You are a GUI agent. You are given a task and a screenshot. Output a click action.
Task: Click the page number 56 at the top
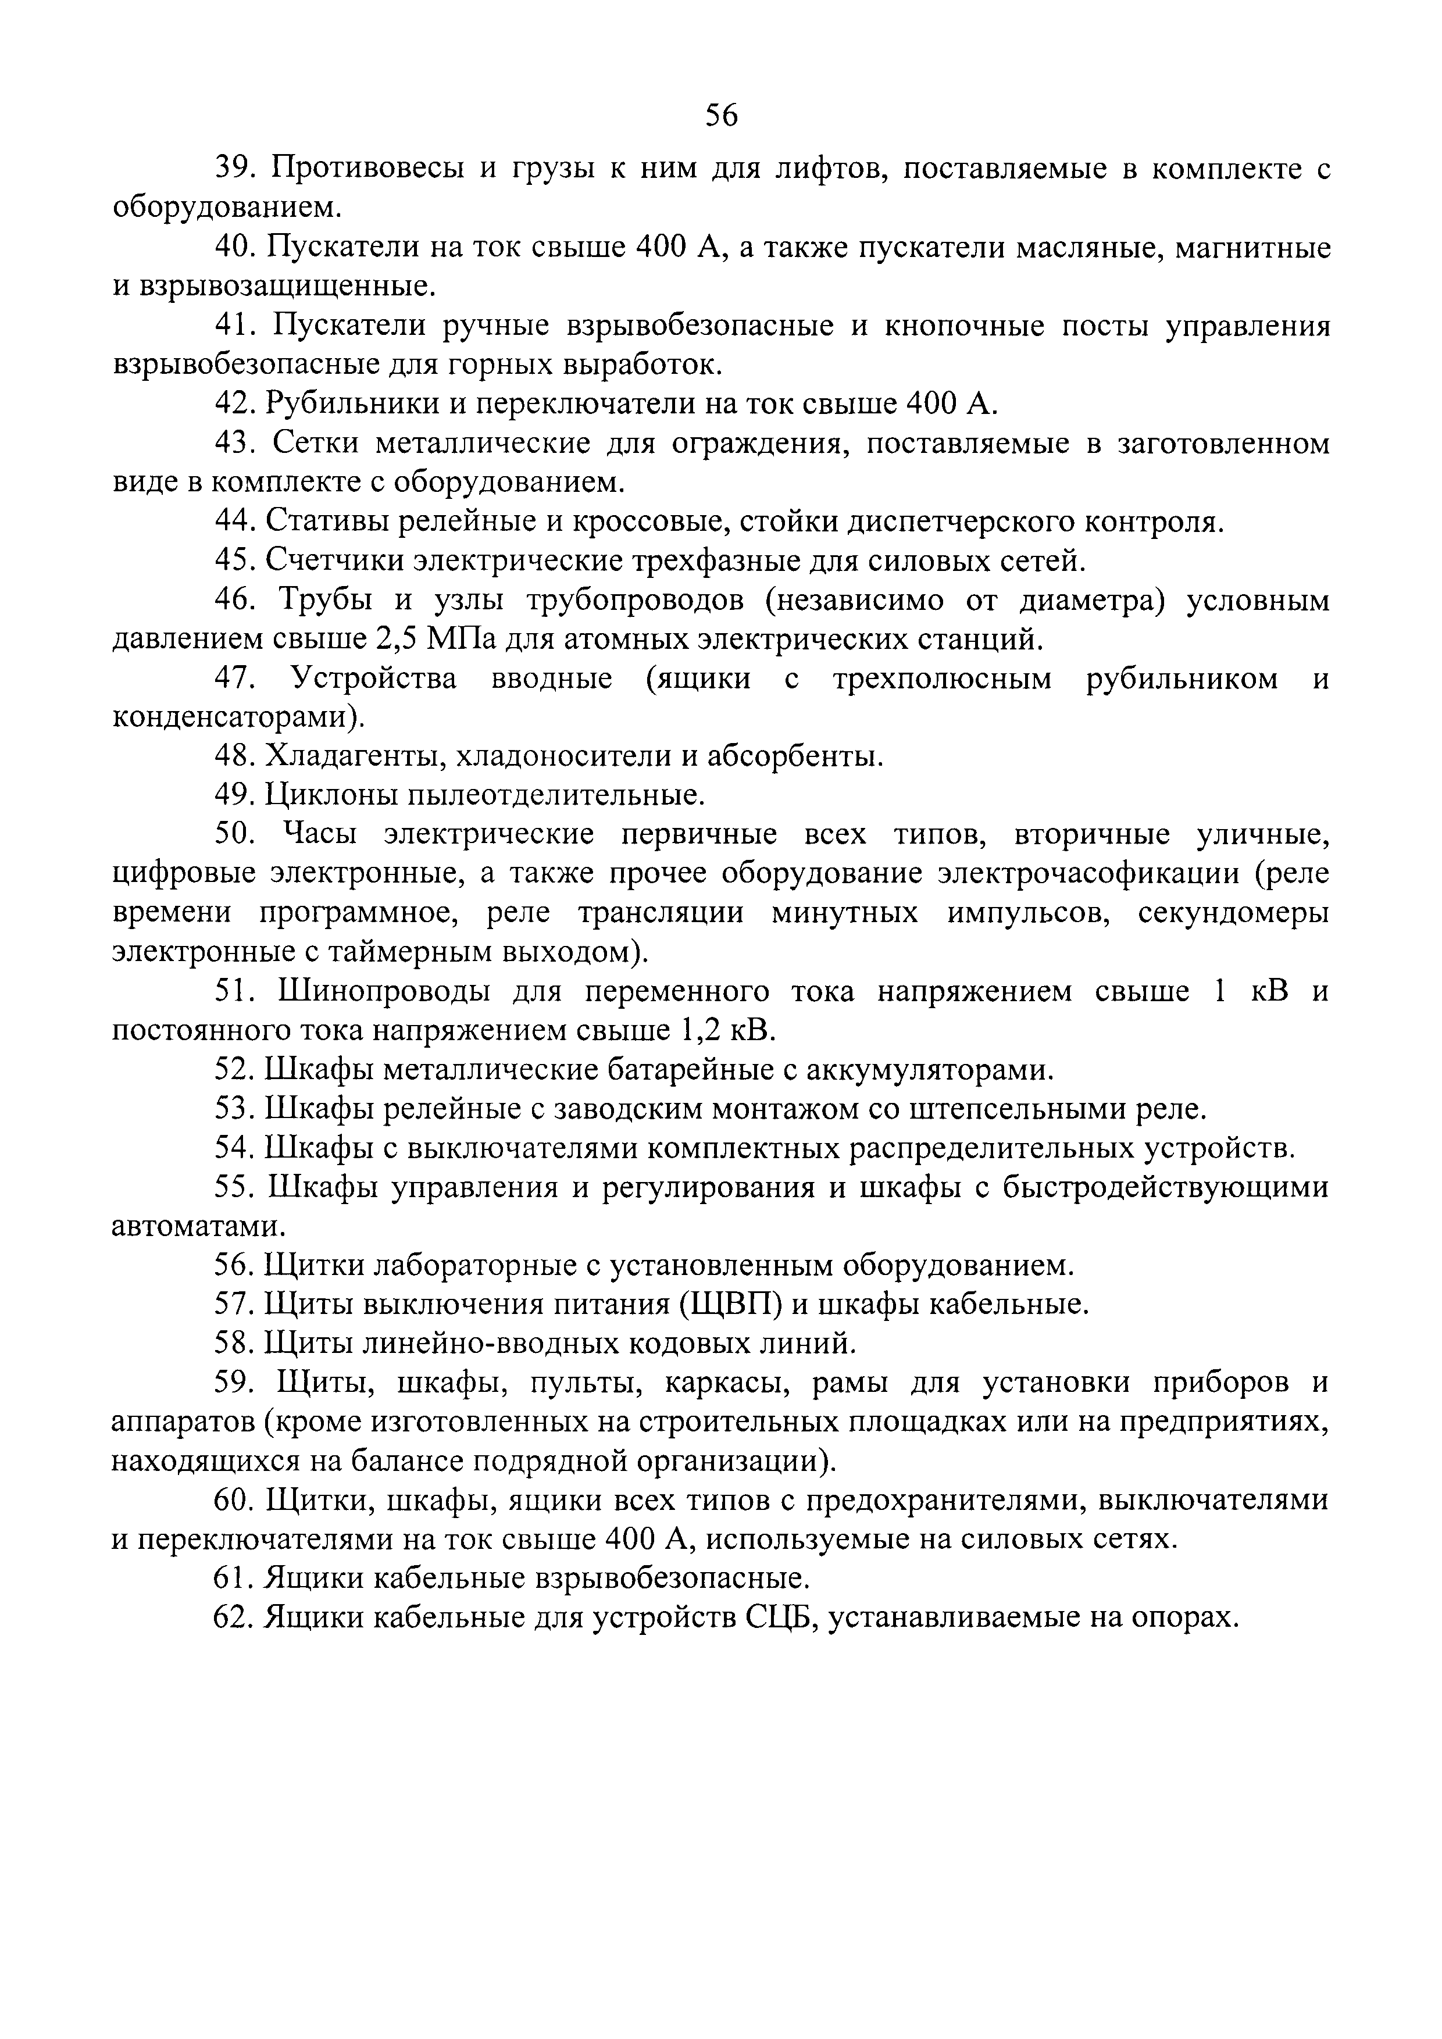coord(721,115)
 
